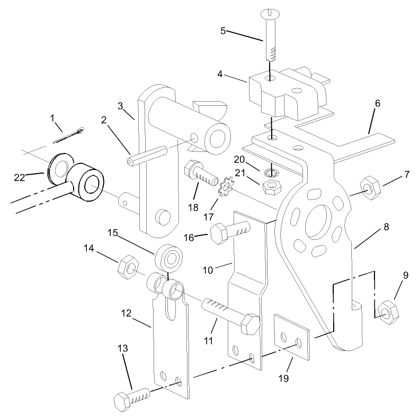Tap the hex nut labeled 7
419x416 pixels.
coord(367,188)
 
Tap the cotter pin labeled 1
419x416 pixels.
coord(73,133)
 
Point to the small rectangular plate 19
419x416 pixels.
coord(291,337)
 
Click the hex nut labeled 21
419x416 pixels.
coord(272,186)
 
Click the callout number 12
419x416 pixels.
coord(126,313)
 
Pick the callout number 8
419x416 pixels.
coord(386,227)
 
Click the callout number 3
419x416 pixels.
coord(121,106)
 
